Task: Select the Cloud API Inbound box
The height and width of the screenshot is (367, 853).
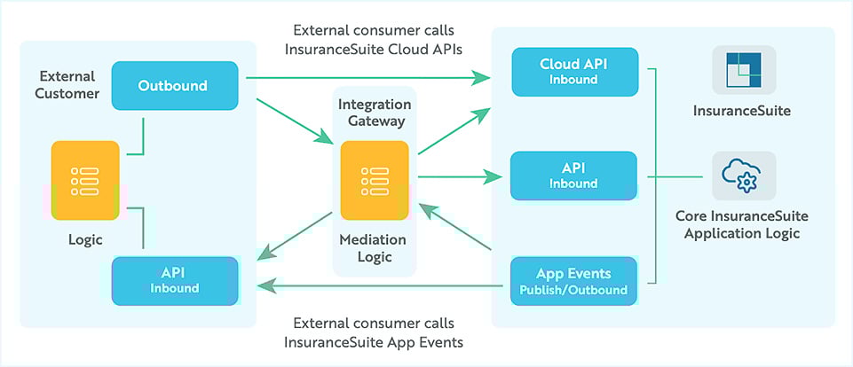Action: (574, 72)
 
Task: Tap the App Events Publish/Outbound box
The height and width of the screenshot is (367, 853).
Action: (573, 281)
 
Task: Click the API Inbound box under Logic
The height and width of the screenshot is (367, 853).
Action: (175, 281)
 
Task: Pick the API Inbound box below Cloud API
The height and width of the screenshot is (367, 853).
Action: (573, 176)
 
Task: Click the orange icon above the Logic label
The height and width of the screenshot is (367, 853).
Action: (85, 181)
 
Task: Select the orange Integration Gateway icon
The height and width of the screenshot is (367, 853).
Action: (375, 181)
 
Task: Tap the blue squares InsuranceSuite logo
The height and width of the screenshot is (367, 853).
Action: (744, 70)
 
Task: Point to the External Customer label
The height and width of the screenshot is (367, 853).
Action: (67, 85)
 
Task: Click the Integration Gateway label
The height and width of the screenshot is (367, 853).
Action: (375, 113)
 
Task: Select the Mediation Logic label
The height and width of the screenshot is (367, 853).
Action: (373, 248)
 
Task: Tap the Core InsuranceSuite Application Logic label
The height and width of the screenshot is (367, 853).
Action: (742, 225)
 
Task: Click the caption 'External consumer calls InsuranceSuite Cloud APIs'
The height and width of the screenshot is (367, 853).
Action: (373, 40)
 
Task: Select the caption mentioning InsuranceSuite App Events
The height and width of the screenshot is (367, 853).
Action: (373, 332)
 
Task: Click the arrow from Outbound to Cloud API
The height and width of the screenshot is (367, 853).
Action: (368, 78)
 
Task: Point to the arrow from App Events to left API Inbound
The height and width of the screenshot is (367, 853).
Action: (380, 285)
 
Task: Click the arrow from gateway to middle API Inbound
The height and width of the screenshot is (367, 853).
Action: (460, 176)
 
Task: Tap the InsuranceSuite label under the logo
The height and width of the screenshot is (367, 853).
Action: (741, 112)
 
